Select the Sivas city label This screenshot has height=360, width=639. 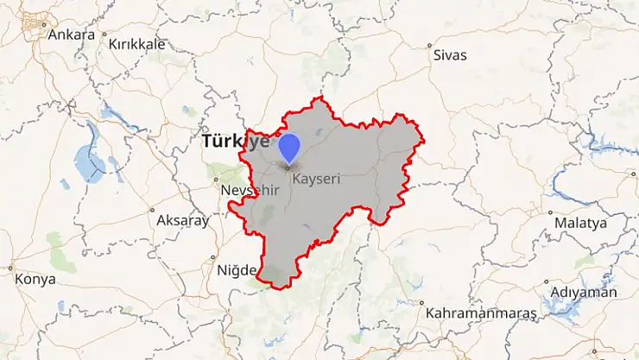pyautogui.click(x=449, y=54)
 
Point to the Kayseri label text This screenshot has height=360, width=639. pyautogui.click(x=317, y=180)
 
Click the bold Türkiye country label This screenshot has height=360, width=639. pyautogui.click(x=235, y=142)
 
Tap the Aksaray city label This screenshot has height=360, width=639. pyautogui.click(x=183, y=220)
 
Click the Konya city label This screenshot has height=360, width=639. pyautogui.click(x=36, y=279)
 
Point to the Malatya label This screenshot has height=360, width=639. pyautogui.click(x=581, y=222)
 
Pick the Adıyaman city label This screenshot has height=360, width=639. pyautogui.click(x=586, y=292)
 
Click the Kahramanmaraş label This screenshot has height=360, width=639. pyautogui.click(x=481, y=312)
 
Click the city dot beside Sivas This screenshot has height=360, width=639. pyautogui.click(x=429, y=44)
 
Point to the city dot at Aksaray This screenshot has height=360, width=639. pyautogui.click(x=152, y=210)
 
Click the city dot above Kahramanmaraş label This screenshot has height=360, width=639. pyautogui.click(x=421, y=303)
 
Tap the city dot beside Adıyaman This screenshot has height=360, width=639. pyautogui.click(x=547, y=281)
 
